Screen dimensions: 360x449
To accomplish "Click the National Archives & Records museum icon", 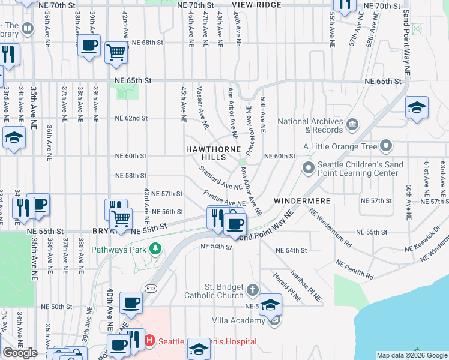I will [x=352, y=124].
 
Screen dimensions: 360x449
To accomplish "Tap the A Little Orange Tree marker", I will [x=386, y=146].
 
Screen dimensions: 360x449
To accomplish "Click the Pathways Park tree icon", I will [x=155, y=248].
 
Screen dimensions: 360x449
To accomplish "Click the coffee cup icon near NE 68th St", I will [x=89, y=46].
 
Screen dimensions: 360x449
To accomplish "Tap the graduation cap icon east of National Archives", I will [x=417, y=107].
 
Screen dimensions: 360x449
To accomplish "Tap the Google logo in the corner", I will [x=20, y=353].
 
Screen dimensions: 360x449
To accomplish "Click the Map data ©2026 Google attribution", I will [x=412, y=355].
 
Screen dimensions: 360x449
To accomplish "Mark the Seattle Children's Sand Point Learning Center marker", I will [x=309, y=167].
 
